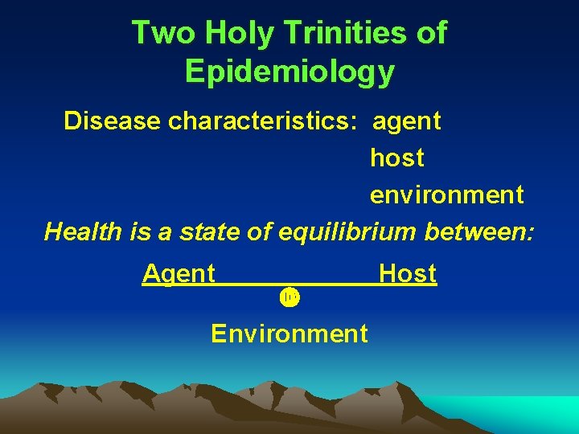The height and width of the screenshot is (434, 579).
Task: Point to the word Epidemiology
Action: click(289, 72)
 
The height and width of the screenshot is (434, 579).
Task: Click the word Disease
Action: click(113, 121)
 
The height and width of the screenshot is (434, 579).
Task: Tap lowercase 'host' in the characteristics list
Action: click(396, 158)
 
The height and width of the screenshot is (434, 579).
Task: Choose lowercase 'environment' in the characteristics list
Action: click(446, 195)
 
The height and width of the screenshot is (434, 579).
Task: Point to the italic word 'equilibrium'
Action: click(347, 232)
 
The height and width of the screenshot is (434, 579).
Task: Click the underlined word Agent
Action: click(179, 274)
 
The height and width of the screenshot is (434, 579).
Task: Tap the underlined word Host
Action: click(407, 274)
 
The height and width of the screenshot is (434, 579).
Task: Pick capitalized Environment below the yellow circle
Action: click(289, 333)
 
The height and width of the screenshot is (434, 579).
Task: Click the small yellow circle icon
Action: click(289, 297)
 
